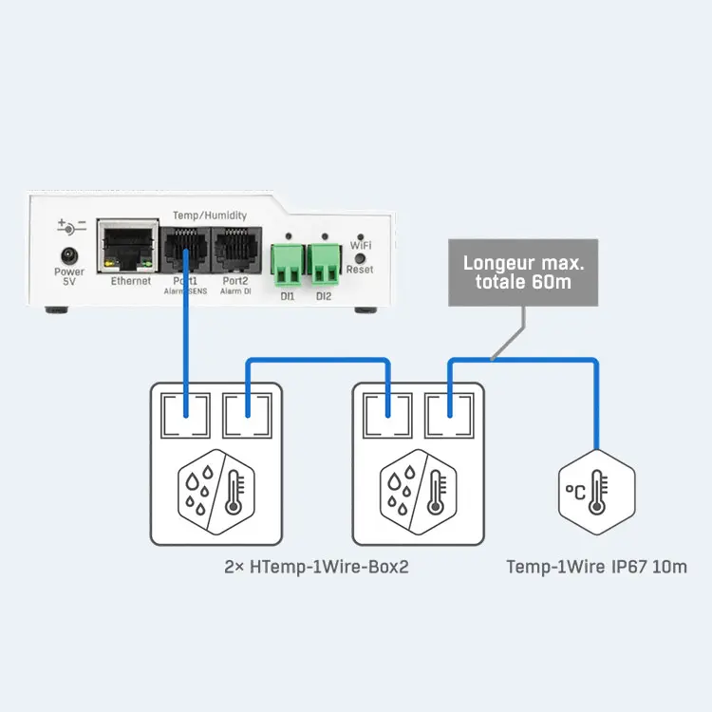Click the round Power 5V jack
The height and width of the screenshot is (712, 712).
[69, 255]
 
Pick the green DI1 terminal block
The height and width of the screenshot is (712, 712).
[288, 263]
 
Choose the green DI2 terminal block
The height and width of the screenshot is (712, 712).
[325, 263]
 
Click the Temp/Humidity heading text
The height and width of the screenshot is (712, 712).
[210, 215]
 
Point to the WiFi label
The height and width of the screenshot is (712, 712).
[361, 245]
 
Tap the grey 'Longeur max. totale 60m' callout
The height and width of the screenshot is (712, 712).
[523, 272]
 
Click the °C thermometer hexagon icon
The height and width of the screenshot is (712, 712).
[594, 491]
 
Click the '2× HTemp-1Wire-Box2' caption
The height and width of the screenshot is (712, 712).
[316, 567]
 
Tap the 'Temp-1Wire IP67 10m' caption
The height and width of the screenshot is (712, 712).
[596, 567]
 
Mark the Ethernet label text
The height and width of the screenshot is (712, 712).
[130, 282]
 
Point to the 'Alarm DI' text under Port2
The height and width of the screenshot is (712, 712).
[234, 292]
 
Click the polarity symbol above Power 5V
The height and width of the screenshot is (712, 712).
[70, 227]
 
